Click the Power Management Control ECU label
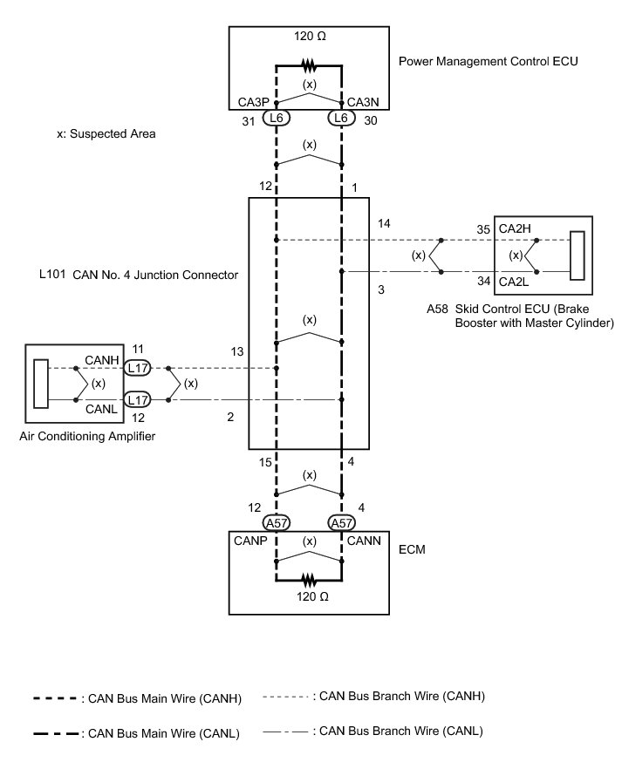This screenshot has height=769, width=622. (x=488, y=63)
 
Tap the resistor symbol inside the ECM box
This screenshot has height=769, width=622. (x=309, y=578)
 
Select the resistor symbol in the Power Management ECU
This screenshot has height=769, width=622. (x=309, y=65)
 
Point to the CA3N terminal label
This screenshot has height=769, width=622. (x=363, y=102)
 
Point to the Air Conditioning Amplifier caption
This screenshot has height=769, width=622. (x=87, y=436)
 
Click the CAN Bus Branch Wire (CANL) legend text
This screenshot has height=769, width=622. (x=402, y=731)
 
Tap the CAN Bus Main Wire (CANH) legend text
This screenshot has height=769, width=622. (x=161, y=698)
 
